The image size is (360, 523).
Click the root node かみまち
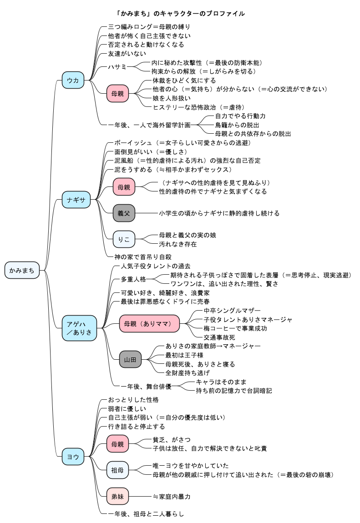(x=22, y=270)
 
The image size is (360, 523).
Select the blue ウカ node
(x=73, y=80)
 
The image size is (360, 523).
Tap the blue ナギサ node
(x=76, y=200)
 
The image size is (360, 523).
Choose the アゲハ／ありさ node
(x=79, y=328)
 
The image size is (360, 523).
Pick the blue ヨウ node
(x=73, y=457)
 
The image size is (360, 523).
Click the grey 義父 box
(x=124, y=213)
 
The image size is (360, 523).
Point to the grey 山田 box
(x=130, y=360)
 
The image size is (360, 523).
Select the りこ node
(x=124, y=240)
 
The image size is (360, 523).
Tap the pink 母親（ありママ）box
(x=149, y=323)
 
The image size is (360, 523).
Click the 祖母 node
(x=117, y=470)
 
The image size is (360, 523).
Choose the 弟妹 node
(x=117, y=496)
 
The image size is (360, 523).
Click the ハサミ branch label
(x=117, y=67)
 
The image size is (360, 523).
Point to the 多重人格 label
(x=133, y=279)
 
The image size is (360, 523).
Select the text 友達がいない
(x=127, y=53)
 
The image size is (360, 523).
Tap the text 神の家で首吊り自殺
(x=143, y=257)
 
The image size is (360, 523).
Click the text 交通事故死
(x=219, y=337)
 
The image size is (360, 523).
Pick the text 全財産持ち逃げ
(x=188, y=373)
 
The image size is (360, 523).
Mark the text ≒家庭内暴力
(x=172, y=497)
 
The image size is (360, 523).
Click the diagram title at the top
(x=180, y=13)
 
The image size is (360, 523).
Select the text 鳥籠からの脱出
(x=237, y=125)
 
